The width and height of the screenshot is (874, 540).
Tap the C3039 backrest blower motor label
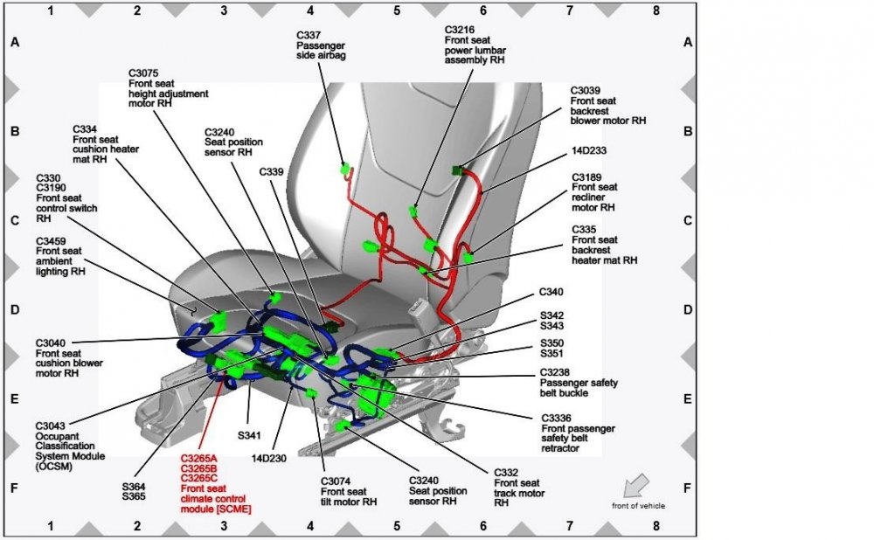(x=607, y=105)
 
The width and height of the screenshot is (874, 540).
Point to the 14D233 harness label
(x=589, y=150)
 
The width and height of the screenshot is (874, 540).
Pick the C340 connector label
(x=551, y=292)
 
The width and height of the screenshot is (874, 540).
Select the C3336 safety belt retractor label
(x=578, y=433)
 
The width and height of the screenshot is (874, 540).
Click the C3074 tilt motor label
(x=349, y=492)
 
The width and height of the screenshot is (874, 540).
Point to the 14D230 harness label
(x=268, y=457)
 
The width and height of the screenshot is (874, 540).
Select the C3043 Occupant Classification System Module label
(x=70, y=446)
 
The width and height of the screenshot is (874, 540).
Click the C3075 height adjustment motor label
(x=162, y=87)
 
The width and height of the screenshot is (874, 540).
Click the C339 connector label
(x=272, y=172)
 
